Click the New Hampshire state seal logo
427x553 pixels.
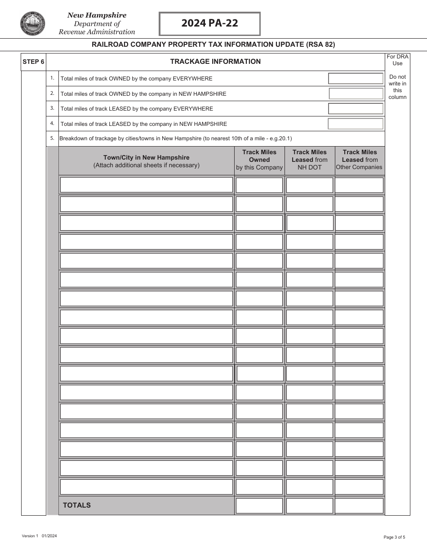32,24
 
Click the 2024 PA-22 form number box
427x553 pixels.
209,24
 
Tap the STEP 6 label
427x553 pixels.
33,62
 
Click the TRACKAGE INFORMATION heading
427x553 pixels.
215,62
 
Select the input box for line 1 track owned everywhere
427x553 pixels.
356,79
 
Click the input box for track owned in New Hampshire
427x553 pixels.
356,94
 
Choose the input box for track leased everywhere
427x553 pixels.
356,109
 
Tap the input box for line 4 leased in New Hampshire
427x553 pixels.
356,124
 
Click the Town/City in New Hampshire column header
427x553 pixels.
147,161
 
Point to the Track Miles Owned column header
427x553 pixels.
259,160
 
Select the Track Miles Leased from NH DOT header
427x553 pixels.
310,160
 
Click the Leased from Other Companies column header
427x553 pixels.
360,160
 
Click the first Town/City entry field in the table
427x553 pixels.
147,185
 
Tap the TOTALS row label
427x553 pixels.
77,505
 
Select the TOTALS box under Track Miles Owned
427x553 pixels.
259,505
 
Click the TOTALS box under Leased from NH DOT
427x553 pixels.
310,505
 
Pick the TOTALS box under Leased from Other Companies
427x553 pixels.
360,505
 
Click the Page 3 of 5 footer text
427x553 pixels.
394,537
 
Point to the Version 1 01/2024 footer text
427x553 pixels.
39,536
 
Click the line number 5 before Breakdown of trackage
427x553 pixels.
52,138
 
